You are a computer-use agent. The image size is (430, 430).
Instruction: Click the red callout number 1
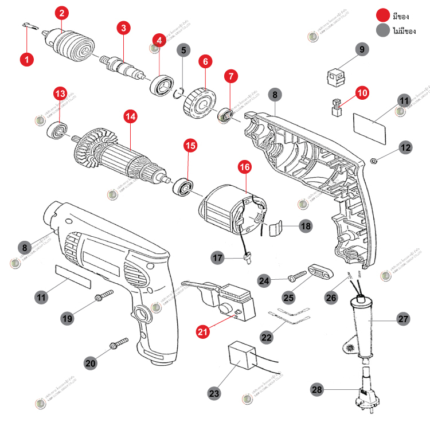tap(26, 58)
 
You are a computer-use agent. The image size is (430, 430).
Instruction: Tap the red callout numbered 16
tap(245, 167)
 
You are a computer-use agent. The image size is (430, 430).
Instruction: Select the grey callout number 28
tap(317, 390)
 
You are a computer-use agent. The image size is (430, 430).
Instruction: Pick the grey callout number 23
tap(214, 394)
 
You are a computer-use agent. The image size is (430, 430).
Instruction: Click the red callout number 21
tap(203, 331)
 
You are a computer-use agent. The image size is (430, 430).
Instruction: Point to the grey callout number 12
tap(406, 147)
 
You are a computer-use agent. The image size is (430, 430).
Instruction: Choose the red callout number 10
tap(362, 92)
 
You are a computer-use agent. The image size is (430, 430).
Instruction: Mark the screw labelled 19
tap(103, 296)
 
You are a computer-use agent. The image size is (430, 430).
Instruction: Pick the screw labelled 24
tap(298, 276)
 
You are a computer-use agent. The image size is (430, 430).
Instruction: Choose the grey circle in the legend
tap(382, 31)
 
